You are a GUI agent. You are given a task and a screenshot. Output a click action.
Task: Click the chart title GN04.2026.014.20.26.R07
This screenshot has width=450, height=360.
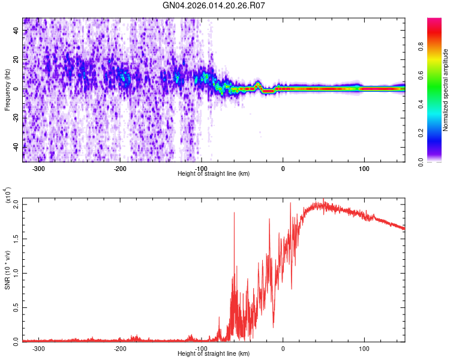click(214, 6)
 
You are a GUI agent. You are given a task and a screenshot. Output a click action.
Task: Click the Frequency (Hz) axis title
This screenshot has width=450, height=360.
click(8, 90)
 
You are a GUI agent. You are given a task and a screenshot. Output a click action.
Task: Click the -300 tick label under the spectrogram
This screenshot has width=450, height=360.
click(39, 169)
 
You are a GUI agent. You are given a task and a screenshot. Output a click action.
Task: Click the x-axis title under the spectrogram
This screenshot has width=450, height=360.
click(214, 174)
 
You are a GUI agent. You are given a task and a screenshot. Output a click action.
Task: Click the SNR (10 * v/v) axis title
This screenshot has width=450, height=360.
click(8, 270)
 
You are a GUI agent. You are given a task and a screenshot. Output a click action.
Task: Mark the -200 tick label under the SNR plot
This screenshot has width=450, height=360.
click(120, 348)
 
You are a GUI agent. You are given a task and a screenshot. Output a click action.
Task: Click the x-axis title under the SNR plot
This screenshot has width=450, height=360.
click(214, 354)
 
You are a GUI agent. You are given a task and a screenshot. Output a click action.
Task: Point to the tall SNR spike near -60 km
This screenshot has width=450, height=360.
click(234, 213)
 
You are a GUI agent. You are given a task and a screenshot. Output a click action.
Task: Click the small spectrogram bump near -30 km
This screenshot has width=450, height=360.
click(258, 84)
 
